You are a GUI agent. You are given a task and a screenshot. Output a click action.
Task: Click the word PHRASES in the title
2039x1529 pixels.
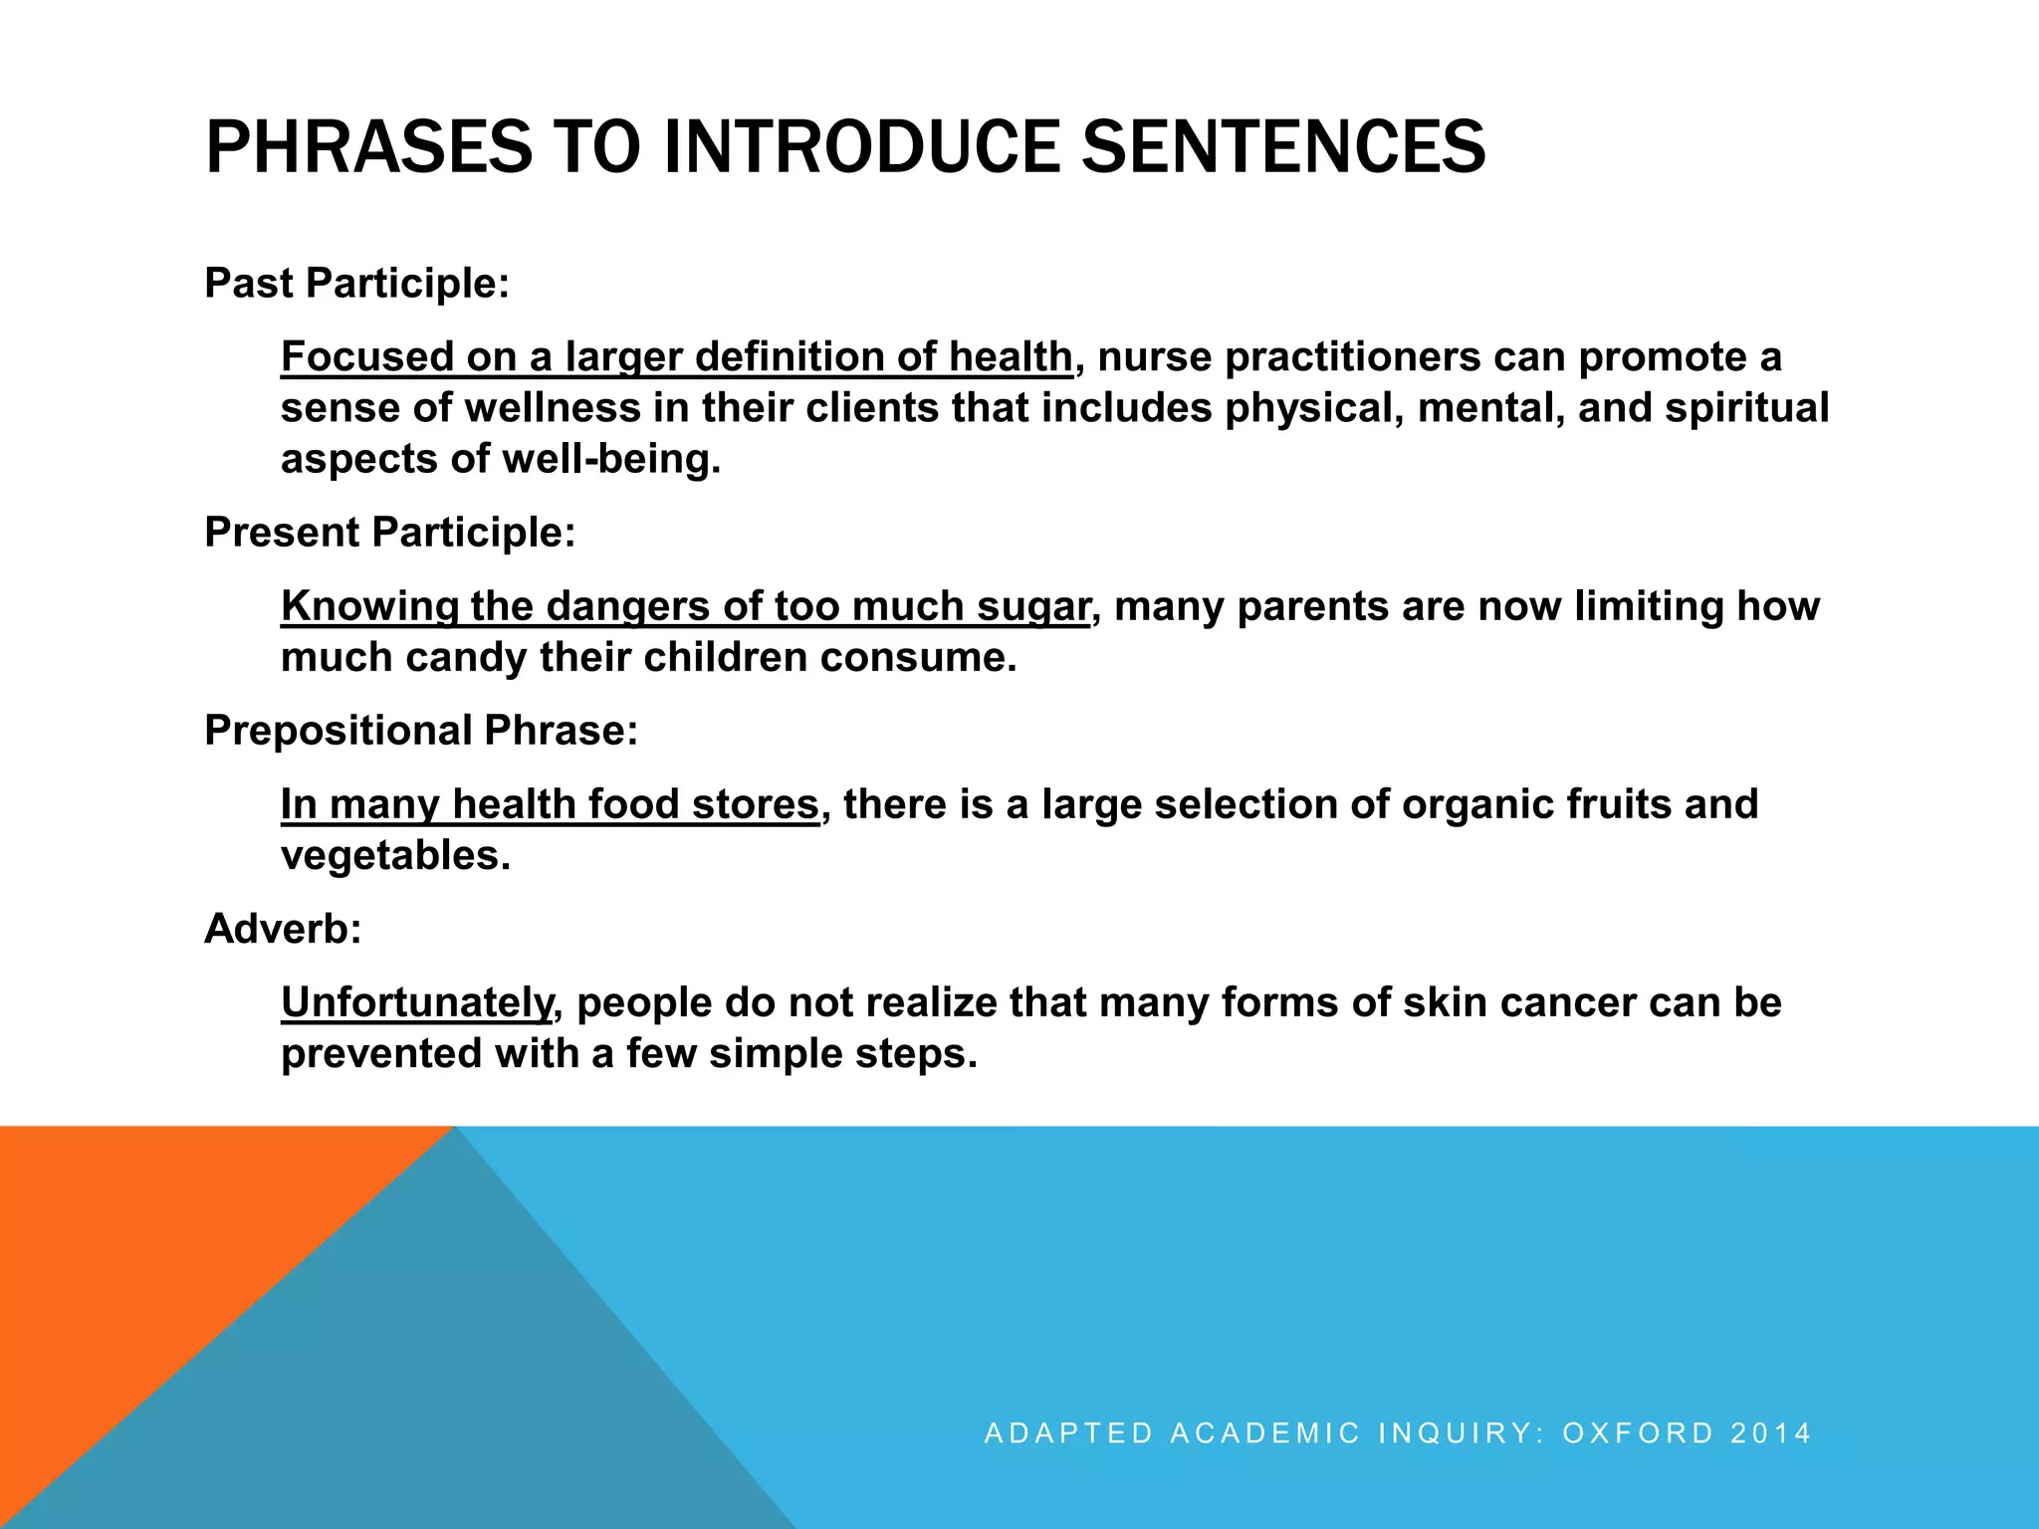368,147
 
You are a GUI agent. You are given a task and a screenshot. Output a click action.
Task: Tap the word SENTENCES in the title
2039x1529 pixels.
1283,147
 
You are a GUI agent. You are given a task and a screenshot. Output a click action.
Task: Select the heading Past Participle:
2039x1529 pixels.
356,283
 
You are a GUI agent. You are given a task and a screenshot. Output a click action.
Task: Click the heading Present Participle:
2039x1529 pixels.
389,532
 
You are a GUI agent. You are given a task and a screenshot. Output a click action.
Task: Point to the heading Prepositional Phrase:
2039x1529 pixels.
420,730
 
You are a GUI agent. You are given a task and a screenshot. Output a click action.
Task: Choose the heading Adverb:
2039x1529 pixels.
283,928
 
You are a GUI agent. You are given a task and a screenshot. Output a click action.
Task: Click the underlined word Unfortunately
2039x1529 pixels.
416,1001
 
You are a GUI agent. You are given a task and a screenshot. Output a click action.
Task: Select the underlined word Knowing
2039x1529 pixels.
369,605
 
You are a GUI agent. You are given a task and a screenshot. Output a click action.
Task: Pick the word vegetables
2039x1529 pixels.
394,855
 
